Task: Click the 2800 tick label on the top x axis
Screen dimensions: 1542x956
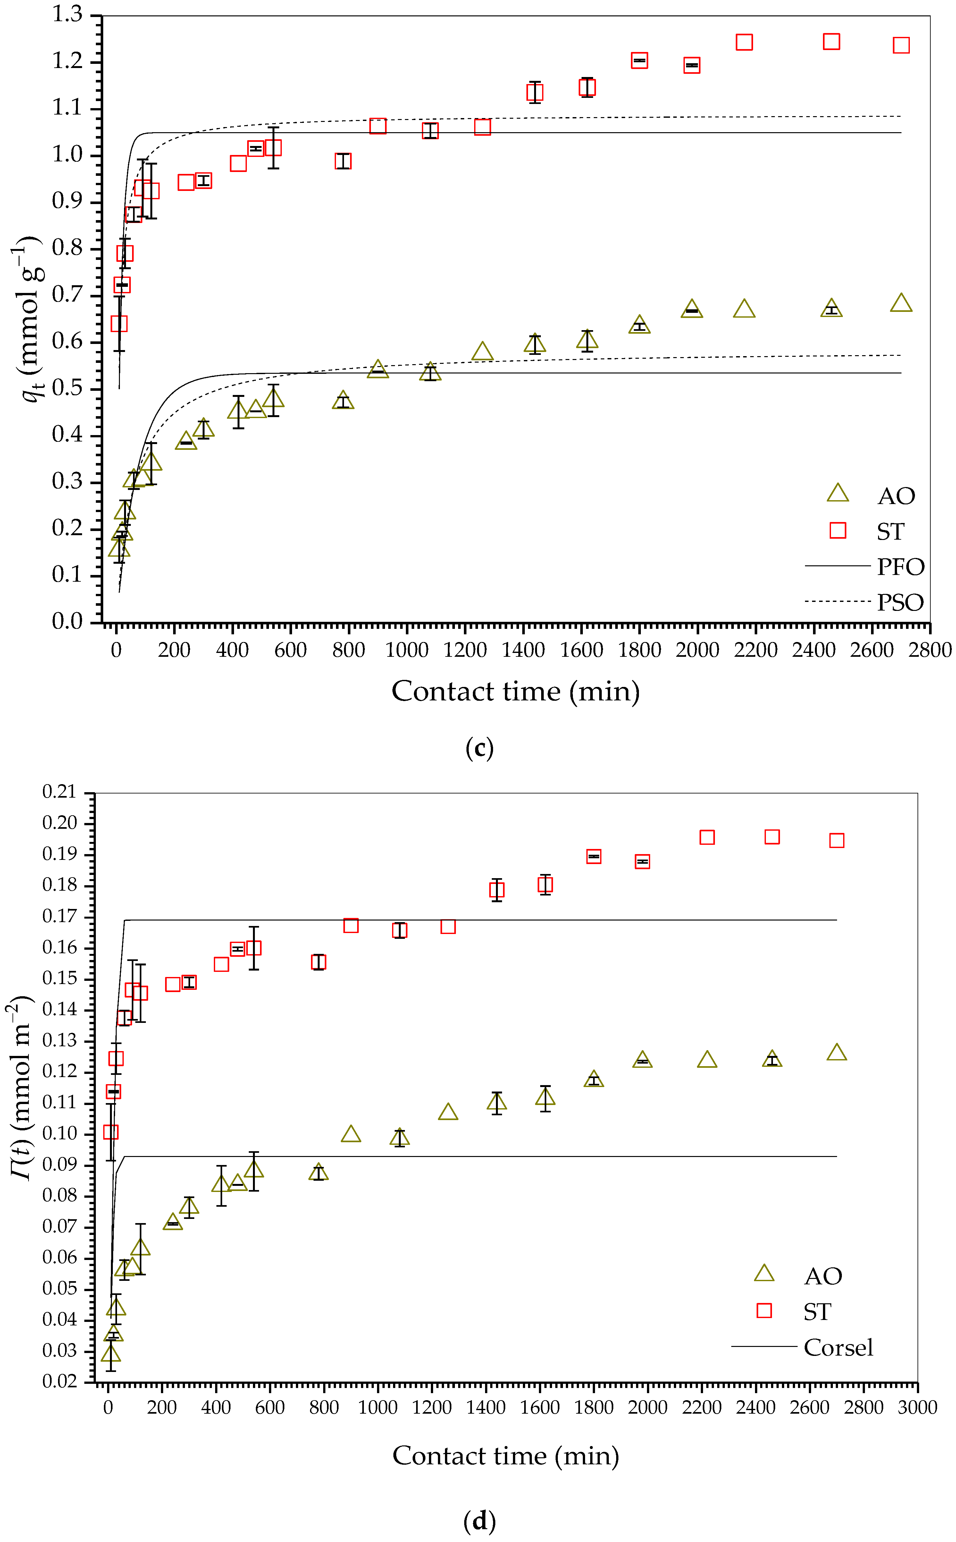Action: [x=929, y=650]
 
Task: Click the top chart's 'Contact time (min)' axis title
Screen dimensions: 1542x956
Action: [x=515, y=691]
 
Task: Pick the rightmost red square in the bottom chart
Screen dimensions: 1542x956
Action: [x=836, y=840]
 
